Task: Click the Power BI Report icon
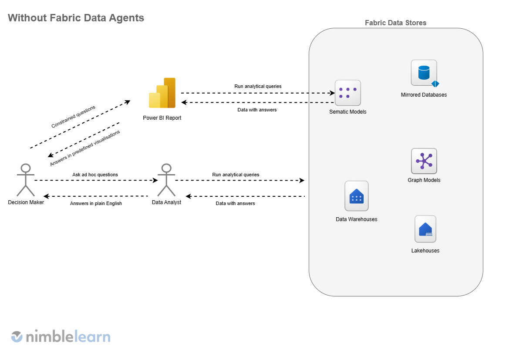tap(162, 93)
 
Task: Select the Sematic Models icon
tap(347, 93)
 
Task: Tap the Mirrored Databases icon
tap(424, 73)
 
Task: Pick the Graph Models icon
tap(424, 161)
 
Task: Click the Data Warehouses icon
tap(356, 196)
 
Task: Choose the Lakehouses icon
tap(425, 229)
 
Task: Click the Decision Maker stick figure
tap(26, 180)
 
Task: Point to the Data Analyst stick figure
tap(166, 180)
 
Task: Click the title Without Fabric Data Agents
tap(76, 18)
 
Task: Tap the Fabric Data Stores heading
tap(395, 23)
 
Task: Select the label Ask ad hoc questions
tap(95, 175)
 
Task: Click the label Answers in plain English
tap(96, 203)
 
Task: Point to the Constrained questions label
tap(73, 117)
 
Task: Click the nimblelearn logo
tap(61, 336)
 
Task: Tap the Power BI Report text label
tap(162, 118)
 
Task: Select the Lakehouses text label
tap(425, 251)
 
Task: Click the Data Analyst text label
tap(166, 202)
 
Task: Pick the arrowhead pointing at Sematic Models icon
tap(332, 93)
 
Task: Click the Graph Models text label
tap(424, 180)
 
